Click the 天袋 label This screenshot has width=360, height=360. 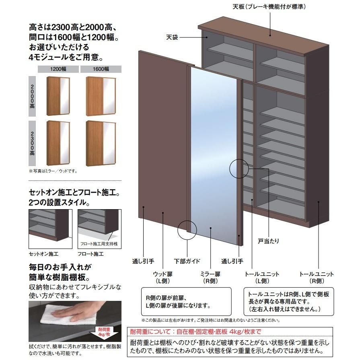tap(172, 37)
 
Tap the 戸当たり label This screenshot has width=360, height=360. tap(268, 241)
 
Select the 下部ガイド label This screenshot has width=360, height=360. tap(187, 261)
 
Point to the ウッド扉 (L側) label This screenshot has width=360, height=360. tap(163, 277)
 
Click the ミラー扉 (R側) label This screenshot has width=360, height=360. tap(211, 277)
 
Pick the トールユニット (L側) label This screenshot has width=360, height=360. tap(262, 277)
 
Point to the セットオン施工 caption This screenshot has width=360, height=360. tap(44, 254)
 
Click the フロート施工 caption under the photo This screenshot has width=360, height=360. tap(91, 254)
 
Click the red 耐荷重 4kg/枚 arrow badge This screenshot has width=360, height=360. tap(105, 333)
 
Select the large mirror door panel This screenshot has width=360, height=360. tap(214, 157)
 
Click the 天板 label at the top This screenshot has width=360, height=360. tap(272, 7)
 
